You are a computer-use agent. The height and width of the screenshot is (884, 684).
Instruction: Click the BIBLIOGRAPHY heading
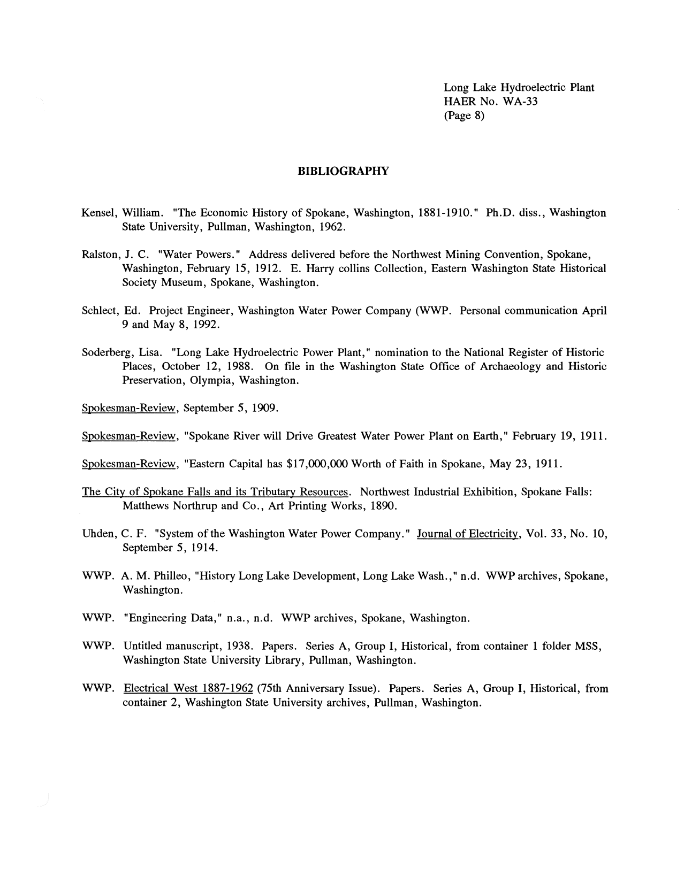tap(343, 171)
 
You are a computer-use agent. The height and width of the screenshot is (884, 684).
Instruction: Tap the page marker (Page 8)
tap(464, 116)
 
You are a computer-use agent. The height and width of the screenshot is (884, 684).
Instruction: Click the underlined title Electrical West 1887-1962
tap(188, 688)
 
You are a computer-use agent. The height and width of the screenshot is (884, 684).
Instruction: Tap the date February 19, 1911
tap(559, 436)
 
